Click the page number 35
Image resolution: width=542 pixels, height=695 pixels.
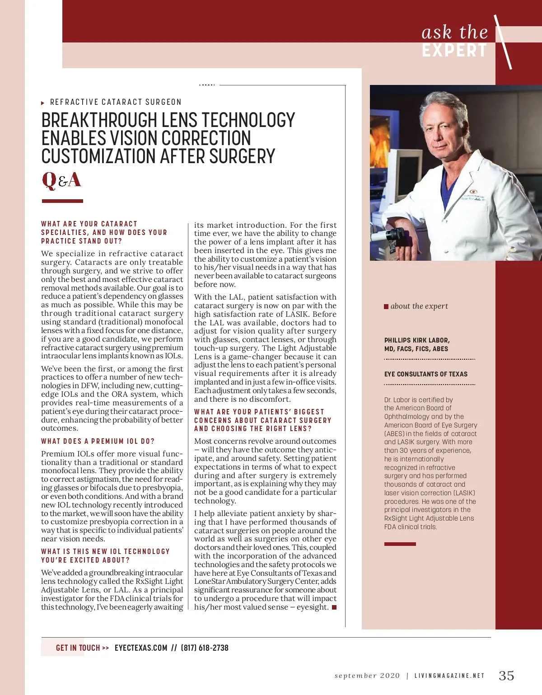click(506, 676)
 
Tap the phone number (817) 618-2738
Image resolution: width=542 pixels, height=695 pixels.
click(205, 648)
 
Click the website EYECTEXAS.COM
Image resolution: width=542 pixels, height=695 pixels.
click(141, 648)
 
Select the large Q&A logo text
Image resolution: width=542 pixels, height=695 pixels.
click(61, 180)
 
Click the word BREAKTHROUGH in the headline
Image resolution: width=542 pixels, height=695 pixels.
click(98, 120)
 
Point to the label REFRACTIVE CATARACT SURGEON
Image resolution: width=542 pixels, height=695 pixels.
click(116, 102)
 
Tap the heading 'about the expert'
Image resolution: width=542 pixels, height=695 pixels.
click(419, 306)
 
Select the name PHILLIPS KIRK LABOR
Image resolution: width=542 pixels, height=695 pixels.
click(417, 340)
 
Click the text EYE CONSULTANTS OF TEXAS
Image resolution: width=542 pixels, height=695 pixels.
click(426, 374)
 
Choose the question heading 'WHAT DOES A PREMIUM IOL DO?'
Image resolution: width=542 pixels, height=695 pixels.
click(98, 441)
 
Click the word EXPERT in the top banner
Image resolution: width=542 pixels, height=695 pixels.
click(454, 50)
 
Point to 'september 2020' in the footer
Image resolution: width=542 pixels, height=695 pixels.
click(367, 676)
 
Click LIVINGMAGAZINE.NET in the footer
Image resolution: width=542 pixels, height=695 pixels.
click(449, 676)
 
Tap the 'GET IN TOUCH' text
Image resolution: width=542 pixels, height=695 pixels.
click(78, 648)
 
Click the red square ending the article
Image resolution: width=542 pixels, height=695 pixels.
click(334, 607)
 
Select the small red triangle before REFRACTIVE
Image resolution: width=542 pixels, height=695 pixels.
click(43, 103)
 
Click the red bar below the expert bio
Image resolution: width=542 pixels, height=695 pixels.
click(400, 544)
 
